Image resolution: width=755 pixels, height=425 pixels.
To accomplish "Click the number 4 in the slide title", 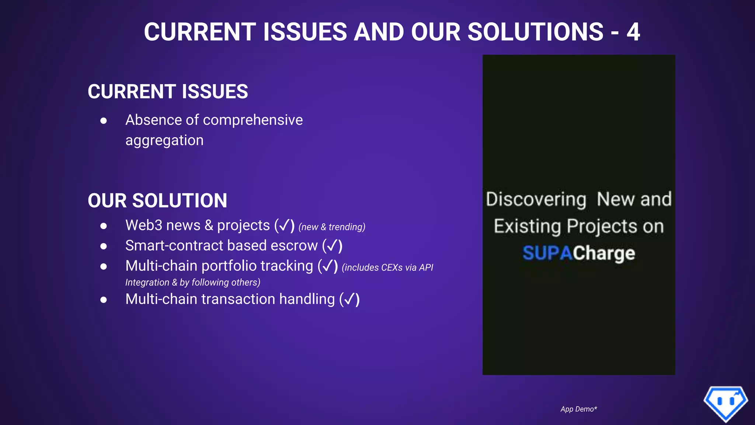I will [633, 32].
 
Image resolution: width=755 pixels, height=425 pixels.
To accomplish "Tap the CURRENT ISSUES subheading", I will [168, 91].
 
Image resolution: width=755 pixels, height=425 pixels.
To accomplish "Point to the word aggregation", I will [164, 140].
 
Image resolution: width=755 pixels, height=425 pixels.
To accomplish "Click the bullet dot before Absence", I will [104, 121].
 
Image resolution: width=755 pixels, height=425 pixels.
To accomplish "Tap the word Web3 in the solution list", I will [143, 225].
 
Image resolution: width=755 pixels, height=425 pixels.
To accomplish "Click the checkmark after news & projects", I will [284, 225].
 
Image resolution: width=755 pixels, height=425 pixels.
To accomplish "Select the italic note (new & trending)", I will [332, 227].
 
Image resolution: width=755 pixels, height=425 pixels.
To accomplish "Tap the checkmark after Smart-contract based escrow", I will [332, 245].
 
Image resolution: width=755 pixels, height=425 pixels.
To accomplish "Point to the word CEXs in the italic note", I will [392, 267].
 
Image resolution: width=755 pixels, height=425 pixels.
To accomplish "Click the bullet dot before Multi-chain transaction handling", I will [104, 300].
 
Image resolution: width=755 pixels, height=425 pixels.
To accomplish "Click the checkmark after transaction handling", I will [349, 299].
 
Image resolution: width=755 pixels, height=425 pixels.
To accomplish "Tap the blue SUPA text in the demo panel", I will [547, 253].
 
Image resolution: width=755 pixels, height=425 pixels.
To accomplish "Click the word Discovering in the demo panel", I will [536, 199].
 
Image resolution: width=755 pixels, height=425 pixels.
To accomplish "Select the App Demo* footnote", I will [578, 409].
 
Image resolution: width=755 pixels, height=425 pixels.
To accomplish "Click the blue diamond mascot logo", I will [726, 403].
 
